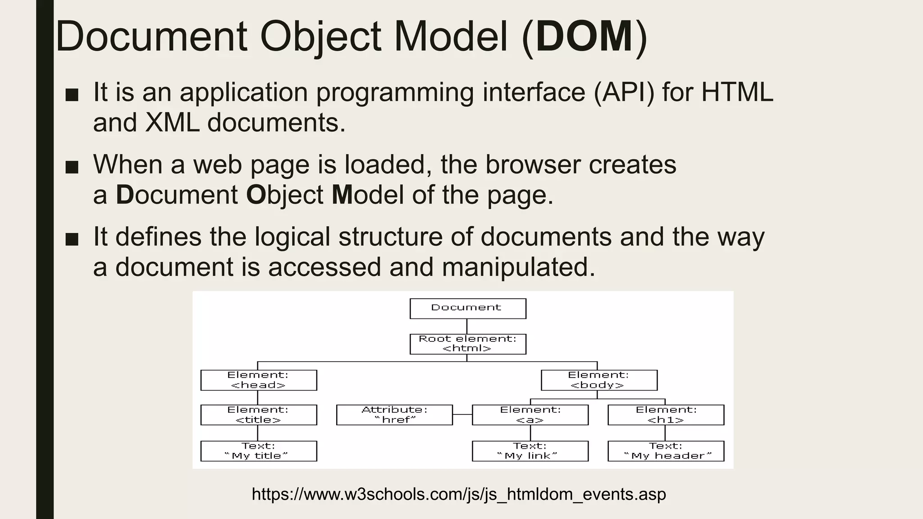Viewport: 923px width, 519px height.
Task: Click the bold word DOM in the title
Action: [x=585, y=37]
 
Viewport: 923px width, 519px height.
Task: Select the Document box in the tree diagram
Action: [x=467, y=309]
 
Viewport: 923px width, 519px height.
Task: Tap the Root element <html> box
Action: [x=467, y=344]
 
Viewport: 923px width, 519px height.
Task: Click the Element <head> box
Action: [x=259, y=380]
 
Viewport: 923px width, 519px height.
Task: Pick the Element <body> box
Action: [x=599, y=380]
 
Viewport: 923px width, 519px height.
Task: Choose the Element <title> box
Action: [x=259, y=415]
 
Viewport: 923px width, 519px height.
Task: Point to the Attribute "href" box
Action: [x=394, y=415]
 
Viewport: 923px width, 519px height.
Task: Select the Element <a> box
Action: [x=530, y=415]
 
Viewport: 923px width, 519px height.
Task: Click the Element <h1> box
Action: [x=666, y=415]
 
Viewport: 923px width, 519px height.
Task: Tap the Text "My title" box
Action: [x=259, y=451]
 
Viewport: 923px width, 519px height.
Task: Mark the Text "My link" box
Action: [x=530, y=451]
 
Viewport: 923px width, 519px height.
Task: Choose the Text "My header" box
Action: [x=666, y=451]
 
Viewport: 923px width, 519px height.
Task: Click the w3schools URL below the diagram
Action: [x=459, y=494]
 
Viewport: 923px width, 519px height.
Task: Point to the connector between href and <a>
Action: [x=462, y=414]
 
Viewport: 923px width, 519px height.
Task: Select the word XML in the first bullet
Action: [x=172, y=123]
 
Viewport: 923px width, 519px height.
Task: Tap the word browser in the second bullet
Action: [x=533, y=164]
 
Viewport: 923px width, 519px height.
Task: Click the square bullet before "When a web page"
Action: [x=72, y=167]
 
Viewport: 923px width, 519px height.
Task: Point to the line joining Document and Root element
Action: [x=467, y=326]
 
